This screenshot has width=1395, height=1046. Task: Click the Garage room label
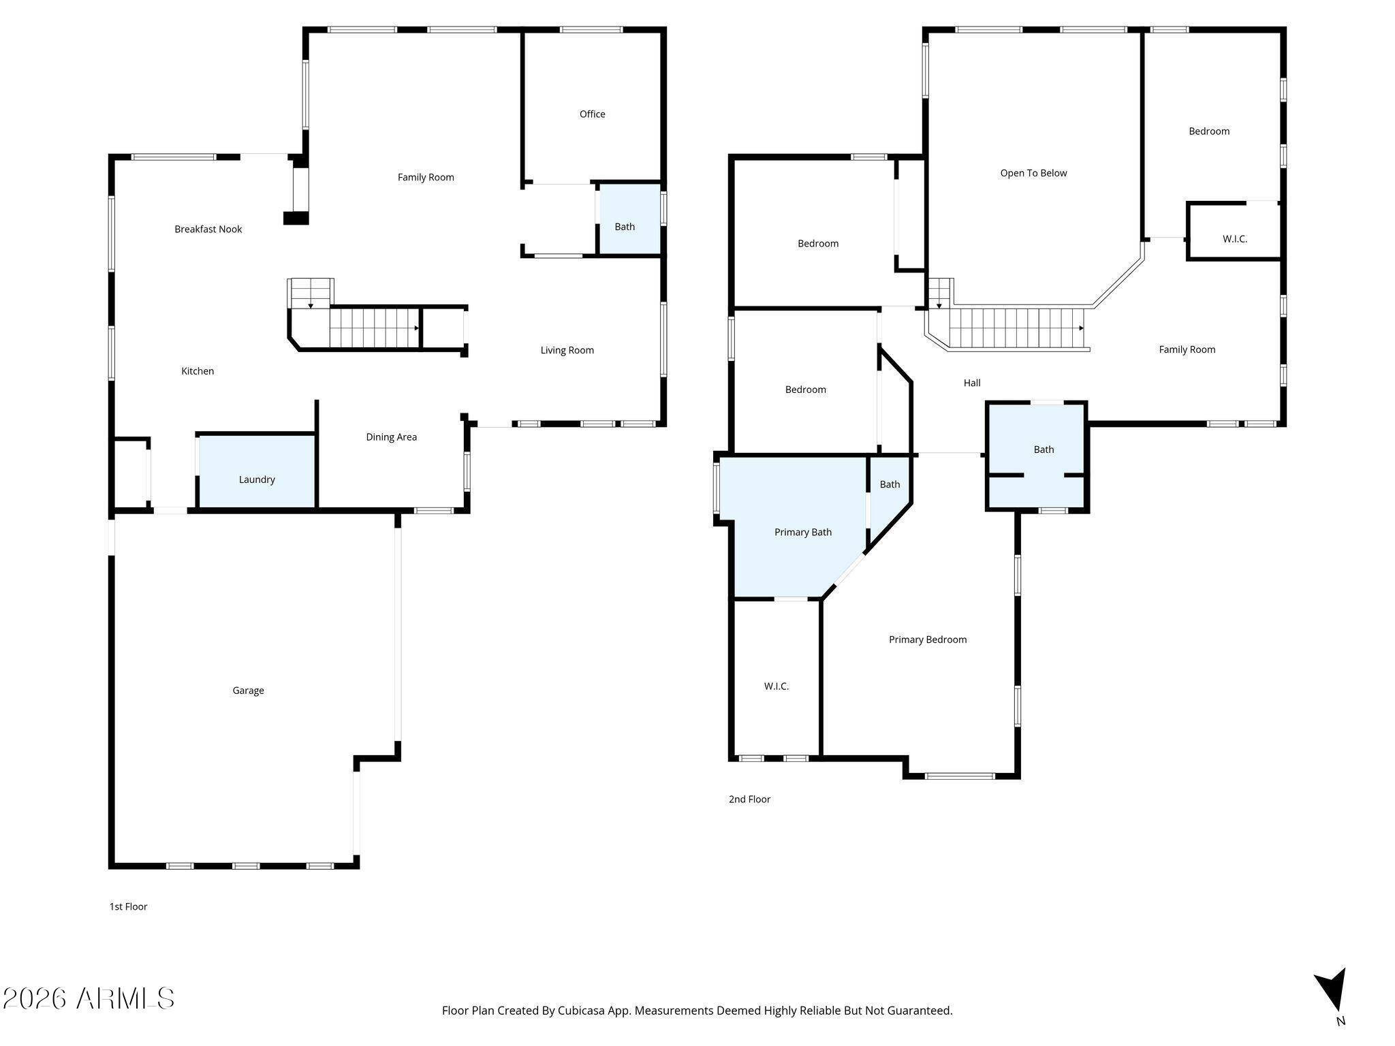(x=248, y=691)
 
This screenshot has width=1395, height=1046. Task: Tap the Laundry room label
(x=257, y=479)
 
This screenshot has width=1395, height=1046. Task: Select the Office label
(x=592, y=114)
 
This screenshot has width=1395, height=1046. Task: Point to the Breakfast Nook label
(x=208, y=229)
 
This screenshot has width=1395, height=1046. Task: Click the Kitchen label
(x=198, y=370)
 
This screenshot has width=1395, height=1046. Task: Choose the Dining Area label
(x=391, y=437)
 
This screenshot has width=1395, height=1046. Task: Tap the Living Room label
(x=567, y=350)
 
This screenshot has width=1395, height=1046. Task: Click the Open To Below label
(x=1033, y=173)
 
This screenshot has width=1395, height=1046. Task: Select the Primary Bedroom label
(x=928, y=639)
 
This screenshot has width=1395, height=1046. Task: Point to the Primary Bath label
(x=802, y=532)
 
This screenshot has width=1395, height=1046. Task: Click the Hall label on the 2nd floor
(x=972, y=383)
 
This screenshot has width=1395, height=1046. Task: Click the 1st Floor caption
(x=128, y=906)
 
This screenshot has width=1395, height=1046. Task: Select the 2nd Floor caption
(x=749, y=799)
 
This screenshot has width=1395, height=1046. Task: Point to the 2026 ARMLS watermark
(x=89, y=998)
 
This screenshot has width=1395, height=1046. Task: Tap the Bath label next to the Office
(x=625, y=227)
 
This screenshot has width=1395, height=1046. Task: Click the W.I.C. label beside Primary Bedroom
(x=776, y=686)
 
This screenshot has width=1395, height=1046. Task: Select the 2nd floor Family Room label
(x=1187, y=349)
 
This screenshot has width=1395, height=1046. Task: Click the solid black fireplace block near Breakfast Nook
(x=296, y=218)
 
